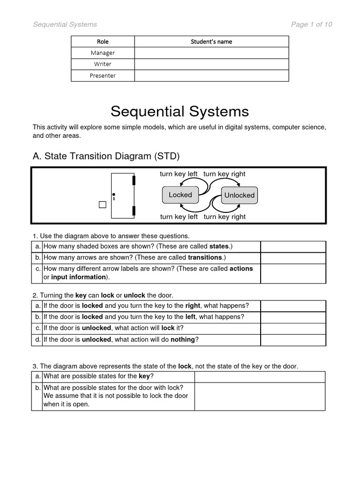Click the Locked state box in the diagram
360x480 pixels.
(x=180, y=195)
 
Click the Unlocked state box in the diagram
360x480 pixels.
(x=239, y=195)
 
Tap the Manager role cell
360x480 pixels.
(x=103, y=53)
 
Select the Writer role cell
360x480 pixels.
(x=103, y=64)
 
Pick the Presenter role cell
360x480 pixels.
(x=103, y=75)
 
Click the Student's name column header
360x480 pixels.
(x=211, y=42)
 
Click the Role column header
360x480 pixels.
(x=103, y=42)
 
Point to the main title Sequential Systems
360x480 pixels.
(x=180, y=112)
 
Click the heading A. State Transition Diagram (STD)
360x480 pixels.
(x=106, y=156)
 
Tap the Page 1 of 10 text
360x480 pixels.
(x=311, y=24)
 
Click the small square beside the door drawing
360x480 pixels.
(x=103, y=204)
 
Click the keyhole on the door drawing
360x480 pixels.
(x=113, y=195)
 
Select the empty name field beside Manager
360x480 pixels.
(x=211, y=53)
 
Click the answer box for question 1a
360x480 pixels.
(x=293, y=247)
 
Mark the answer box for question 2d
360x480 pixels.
(x=293, y=340)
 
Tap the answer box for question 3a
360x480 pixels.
(x=260, y=377)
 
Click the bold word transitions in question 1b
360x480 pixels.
(x=205, y=257)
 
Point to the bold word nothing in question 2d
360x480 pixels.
(x=182, y=340)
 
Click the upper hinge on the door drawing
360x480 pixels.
(x=134, y=180)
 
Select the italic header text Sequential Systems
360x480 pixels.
(x=65, y=24)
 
